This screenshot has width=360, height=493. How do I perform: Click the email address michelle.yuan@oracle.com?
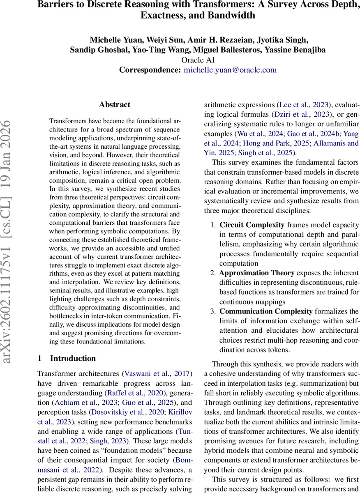click(230, 70)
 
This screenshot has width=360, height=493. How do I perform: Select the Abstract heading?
click(115, 105)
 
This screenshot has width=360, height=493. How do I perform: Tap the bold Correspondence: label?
click(150, 70)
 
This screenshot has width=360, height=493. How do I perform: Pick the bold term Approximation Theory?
click(256, 273)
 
